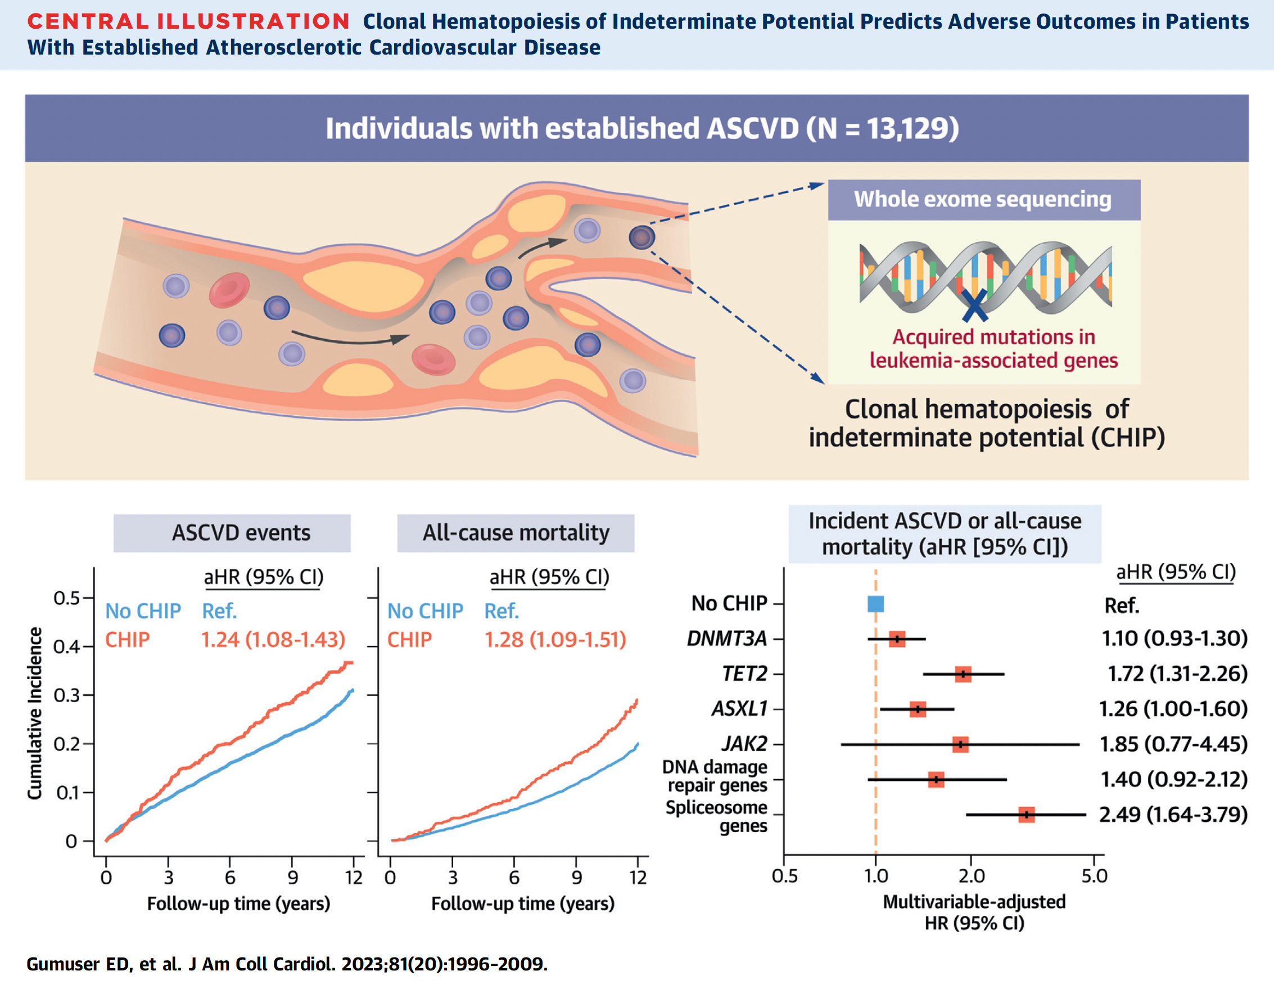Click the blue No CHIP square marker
click(875, 604)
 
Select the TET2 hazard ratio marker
click(963, 675)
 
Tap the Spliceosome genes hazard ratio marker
click(1026, 815)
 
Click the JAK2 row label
click(744, 744)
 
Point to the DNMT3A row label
click(726, 638)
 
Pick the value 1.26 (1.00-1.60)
click(1173, 709)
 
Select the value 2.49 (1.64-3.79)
click(1173, 815)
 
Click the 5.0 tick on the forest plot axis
click(1094, 876)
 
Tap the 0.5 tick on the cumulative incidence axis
click(66, 599)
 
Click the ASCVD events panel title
click(241, 533)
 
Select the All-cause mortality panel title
click(516, 533)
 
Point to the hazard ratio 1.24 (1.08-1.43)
click(273, 639)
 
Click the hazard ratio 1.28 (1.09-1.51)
click(555, 639)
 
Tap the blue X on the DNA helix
click(974, 305)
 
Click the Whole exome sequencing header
click(983, 199)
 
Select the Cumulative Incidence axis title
click(35, 713)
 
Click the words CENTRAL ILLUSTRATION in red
click(188, 21)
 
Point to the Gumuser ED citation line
click(287, 964)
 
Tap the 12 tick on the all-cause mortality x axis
click(638, 877)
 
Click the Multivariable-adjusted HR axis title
click(974, 912)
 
